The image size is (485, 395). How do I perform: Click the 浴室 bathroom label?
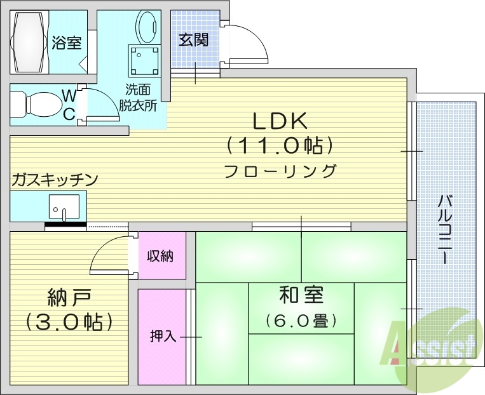(67, 43)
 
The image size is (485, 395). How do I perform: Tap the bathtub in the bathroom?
(29, 43)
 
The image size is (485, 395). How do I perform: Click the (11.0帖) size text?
(280, 146)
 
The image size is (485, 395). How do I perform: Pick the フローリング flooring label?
(280, 171)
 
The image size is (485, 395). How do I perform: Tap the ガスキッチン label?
(54, 180)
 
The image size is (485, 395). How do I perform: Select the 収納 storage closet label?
(161, 257)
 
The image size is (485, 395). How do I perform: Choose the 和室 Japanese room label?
(301, 295)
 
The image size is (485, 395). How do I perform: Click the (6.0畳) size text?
(301, 321)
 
